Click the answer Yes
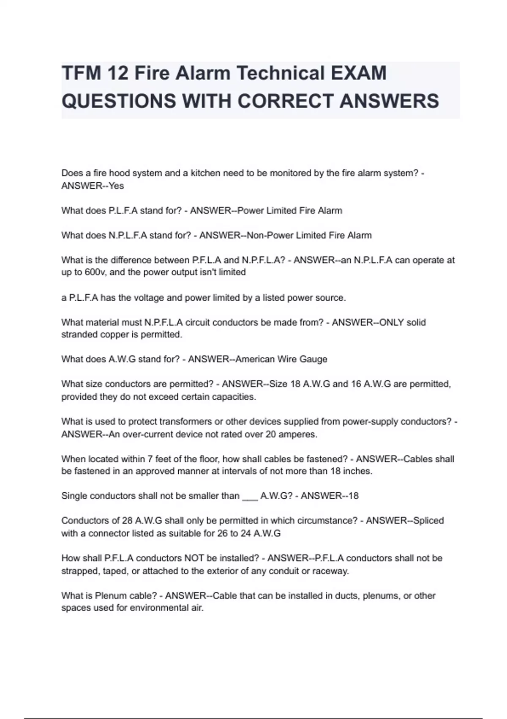(116, 186)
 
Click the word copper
(109, 335)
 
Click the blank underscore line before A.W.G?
(250, 496)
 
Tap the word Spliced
(428, 521)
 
